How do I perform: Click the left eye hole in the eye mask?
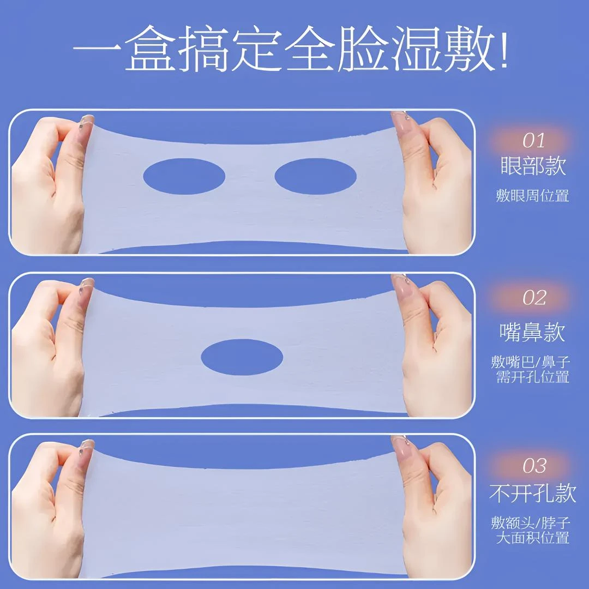(184, 176)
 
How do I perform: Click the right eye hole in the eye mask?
(315, 177)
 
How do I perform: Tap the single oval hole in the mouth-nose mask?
(242, 357)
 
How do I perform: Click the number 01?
(533, 141)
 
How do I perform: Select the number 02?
(534, 298)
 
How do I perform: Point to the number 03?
(534, 466)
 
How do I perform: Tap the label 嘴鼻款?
(532, 332)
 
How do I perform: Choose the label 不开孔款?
(532, 494)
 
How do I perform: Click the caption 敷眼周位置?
(532, 195)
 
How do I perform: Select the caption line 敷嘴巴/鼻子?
(531, 362)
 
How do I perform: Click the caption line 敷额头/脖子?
(531, 523)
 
